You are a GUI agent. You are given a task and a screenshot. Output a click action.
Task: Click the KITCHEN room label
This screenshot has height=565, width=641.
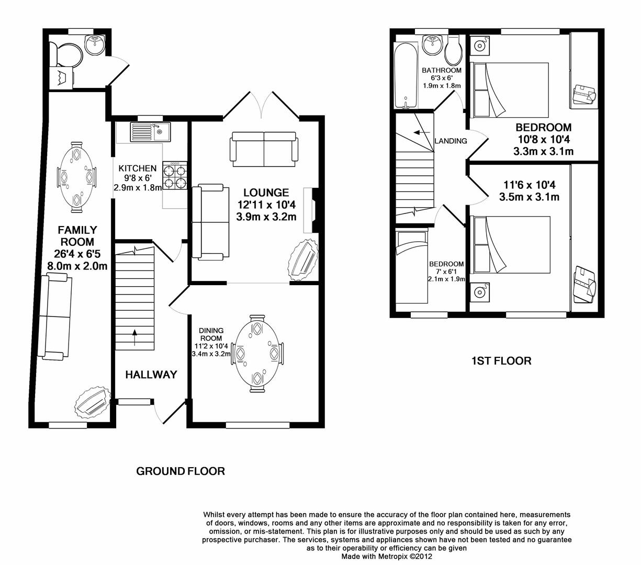coord(137,168)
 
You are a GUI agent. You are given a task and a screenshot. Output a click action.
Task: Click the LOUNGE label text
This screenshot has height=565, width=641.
coord(266,193)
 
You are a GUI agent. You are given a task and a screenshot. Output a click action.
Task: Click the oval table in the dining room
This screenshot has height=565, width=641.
coord(257,353)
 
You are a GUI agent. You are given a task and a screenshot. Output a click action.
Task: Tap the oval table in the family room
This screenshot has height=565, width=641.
coord(77,177)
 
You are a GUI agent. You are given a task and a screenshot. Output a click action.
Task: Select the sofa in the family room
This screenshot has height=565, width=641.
coord(55,317)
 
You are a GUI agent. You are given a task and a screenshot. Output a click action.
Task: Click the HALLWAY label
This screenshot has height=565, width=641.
coord(151,375)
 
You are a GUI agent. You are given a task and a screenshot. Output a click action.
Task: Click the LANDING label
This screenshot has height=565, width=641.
coord(451,141)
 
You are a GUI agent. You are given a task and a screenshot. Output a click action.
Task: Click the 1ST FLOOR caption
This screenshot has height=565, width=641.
coord(501,360)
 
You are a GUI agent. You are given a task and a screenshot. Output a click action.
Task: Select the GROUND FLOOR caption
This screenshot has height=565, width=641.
coord(181,471)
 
